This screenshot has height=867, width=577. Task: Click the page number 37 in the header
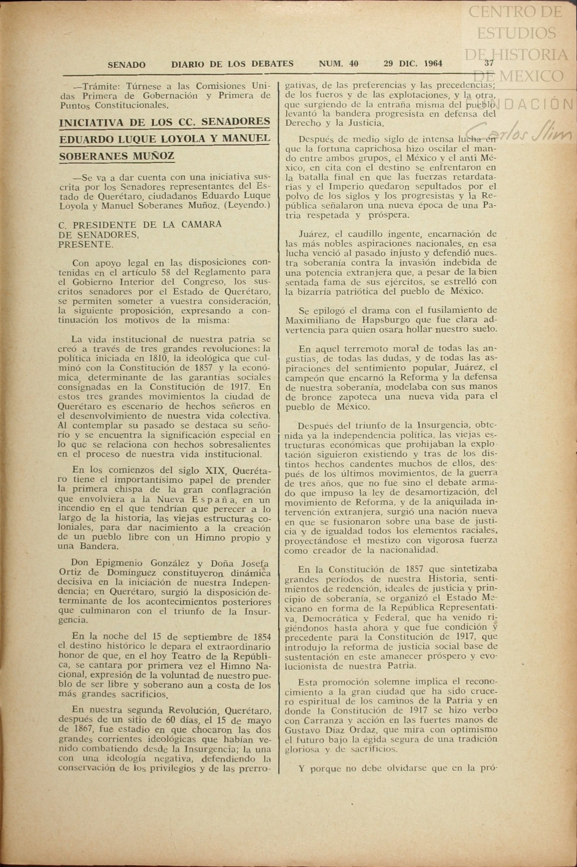coord(489,63)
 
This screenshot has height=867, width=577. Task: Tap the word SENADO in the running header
coord(127,65)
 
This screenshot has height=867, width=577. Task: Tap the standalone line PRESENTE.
coord(85,244)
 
